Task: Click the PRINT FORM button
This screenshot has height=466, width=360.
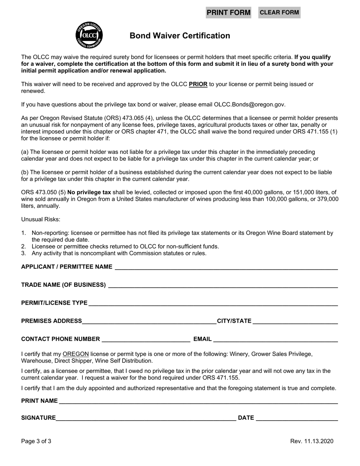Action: click(229, 13)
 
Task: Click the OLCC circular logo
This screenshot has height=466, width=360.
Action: click(89, 35)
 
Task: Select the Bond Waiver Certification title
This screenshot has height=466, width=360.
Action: click(180, 36)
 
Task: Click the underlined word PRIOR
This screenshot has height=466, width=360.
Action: click(198, 84)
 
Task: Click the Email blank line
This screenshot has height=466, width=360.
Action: click(275, 339)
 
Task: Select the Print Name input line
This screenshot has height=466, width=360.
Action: click(198, 401)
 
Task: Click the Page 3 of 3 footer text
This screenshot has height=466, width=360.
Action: click(36, 441)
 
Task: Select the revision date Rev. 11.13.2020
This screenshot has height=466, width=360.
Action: click(312, 441)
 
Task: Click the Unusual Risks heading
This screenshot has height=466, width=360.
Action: click(41, 219)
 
